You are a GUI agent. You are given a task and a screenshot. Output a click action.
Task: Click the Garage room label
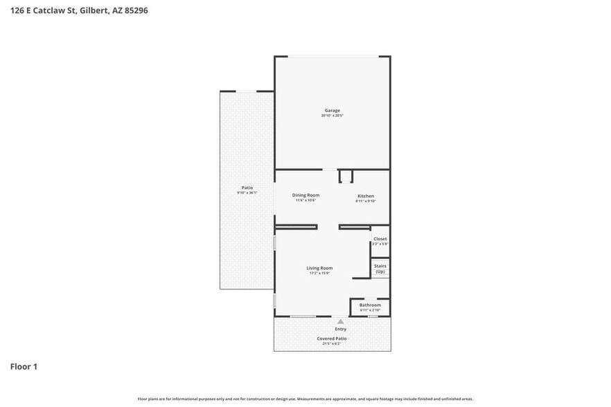(333, 111)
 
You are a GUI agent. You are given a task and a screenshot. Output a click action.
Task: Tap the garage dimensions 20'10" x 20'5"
(333, 116)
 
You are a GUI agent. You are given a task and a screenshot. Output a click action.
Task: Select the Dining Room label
(305, 195)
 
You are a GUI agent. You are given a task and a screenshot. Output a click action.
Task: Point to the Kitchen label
(365, 196)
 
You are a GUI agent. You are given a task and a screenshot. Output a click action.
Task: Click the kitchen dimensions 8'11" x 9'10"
(365, 201)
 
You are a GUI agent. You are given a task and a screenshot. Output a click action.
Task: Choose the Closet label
(380, 239)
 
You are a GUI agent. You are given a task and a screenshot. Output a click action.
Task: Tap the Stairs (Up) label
(380, 269)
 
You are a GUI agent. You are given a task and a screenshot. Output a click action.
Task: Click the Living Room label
(320, 268)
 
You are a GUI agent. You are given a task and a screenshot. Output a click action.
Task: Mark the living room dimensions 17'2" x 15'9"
(320, 273)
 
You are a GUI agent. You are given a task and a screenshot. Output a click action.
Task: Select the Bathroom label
(370, 305)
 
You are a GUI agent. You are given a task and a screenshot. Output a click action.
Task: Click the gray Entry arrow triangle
(340, 322)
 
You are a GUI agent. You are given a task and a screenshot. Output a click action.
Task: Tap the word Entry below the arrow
(341, 329)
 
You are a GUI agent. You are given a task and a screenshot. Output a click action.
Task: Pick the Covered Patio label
(332, 338)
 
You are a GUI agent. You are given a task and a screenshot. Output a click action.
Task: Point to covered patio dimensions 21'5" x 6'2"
(332, 344)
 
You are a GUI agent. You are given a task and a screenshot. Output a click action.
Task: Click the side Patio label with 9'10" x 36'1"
(247, 188)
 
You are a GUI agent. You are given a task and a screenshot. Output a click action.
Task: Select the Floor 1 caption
(24, 366)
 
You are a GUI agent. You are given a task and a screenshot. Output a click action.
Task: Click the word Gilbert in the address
(94, 10)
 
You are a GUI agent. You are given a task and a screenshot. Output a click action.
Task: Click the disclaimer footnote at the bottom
(305, 399)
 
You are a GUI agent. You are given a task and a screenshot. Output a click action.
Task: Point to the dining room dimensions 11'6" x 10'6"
(305, 201)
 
